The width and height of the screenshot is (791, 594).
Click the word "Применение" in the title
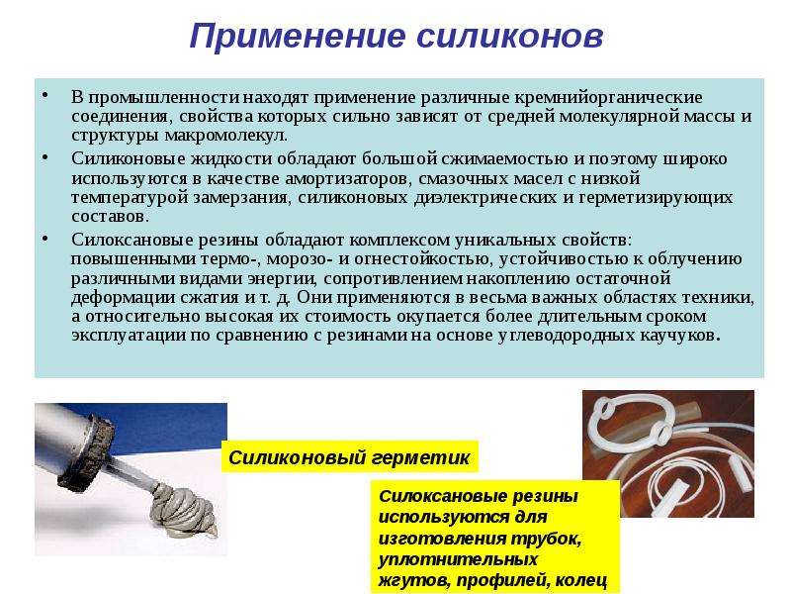pos(298,37)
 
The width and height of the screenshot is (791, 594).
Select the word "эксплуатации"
pos(129,336)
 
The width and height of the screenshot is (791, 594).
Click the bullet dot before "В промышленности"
pos(45,95)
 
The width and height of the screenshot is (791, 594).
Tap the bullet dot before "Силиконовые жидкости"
pos(45,157)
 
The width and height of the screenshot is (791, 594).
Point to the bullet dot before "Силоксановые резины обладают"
pos(45,239)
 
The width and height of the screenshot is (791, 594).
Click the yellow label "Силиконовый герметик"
pos(349,457)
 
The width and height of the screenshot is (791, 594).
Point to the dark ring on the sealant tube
pos(86,452)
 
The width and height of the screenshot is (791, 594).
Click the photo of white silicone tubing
pos(668,453)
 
